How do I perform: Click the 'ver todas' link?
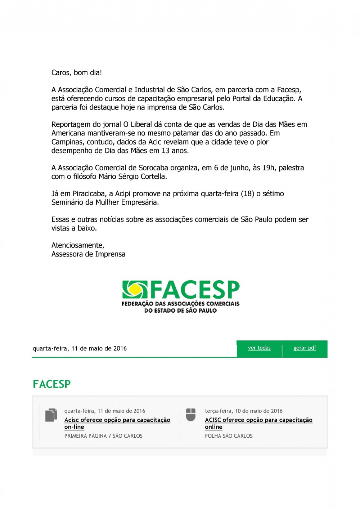pyautogui.click(x=259, y=348)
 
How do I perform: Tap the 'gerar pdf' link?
pyautogui.click(x=305, y=348)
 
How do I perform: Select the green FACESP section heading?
pyautogui.click(x=51, y=384)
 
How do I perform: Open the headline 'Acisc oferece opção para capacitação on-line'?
pyautogui.click(x=117, y=423)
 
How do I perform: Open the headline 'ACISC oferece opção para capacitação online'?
pyautogui.click(x=258, y=423)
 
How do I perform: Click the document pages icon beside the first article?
pyautogui.click(x=51, y=415)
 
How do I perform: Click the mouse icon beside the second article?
pyautogui.click(x=191, y=415)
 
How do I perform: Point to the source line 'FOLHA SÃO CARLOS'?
pyautogui.click(x=229, y=436)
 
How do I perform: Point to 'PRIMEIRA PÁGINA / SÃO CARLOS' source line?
pyautogui.click(x=103, y=436)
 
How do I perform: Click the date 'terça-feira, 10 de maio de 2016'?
pyautogui.click(x=244, y=411)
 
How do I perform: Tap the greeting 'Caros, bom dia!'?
pyautogui.click(x=77, y=73)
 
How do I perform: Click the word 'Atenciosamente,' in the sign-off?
pyautogui.click(x=78, y=245)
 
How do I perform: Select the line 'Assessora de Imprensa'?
pyautogui.click(x=88, y=254)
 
